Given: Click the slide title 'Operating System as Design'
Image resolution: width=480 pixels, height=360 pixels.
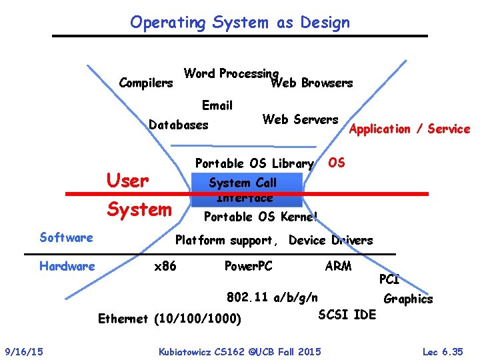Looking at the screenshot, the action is pyautogui.click(x=239, y=23).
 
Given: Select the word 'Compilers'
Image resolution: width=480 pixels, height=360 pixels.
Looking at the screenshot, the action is pyautogui.click(x=145, y=83).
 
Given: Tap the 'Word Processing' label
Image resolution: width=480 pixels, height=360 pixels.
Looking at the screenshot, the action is pyautogui.click(x=231, y=73).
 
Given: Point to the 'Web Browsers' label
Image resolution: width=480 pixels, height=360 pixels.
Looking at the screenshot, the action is pyautogui.click(x=311, y=83).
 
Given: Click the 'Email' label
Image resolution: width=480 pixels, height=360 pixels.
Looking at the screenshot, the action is pyautogui.click(x=217, y=105).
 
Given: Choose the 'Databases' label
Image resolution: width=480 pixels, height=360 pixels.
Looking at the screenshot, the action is pyautogui.click(x=178, y=125).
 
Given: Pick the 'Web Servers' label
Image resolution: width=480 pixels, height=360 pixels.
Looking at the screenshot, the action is pyautogui.click(x=300, y=120).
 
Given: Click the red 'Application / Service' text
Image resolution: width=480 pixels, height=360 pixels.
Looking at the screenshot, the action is pyautogui.click(x=409, y=129).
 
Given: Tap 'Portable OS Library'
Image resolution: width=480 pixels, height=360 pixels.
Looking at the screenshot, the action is pyautogui.click(x=254, y=163).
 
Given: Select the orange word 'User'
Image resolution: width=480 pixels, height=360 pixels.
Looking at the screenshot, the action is pyautogui.click(x=127, y=181).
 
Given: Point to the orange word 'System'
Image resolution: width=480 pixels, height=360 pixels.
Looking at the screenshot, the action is pyautogui.click(x=139, y=209).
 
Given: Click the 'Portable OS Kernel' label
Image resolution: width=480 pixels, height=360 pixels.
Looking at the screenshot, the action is pyautogui.click(x=261, y=217).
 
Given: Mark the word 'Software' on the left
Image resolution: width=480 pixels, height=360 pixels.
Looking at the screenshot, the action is pyautogui.click(x=66, y=237).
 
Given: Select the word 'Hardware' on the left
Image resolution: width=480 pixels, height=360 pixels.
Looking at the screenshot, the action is pyautogui.click(x=67, y=267).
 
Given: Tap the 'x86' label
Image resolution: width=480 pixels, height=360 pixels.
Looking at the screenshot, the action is pyautogui.click(x=165, y=267).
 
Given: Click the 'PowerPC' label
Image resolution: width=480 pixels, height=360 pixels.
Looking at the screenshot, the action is pyautogui.click(x=248, y=267).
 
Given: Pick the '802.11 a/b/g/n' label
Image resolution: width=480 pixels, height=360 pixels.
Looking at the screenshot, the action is pyautogui.click(x=272, y=297).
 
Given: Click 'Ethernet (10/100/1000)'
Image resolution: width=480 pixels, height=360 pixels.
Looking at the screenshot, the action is pyautogui.click(x=169, y=319).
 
